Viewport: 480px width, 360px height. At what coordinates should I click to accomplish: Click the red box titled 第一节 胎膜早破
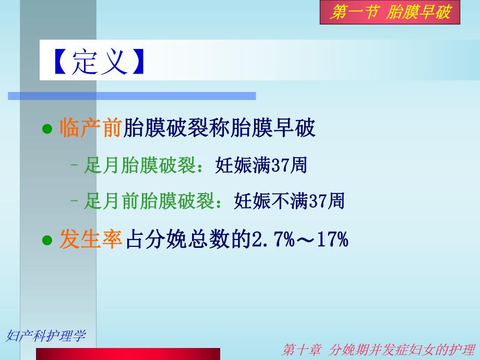pyautogui.click(x=390, y=13)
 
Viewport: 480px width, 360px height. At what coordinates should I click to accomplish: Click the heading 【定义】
pyautogui.click(x=98, y=63)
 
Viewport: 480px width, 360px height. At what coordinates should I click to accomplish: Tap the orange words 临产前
pyautogui.click(x=91, y=128)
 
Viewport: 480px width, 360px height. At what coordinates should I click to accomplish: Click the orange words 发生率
pyautogui.click(x=91, y=240)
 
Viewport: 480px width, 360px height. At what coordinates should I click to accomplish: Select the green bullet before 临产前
pyautogui.click(x=47, y=129)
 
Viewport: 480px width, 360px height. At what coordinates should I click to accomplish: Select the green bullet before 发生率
pyautogui.click(x=47, y=241)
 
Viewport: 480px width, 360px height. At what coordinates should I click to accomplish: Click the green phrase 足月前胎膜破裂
pyautogui.click(x=149, y=201)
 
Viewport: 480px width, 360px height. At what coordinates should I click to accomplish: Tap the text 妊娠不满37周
pyautogui.click(x=290, y=201)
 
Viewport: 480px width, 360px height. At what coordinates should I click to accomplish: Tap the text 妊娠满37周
pyautogui.click(x=261, y=166)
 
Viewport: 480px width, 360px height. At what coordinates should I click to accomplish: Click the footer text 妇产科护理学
pyautogui.click(x=45, y=336)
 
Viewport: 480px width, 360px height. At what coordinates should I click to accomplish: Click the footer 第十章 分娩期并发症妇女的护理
pyautogui.click(x=378, y=350)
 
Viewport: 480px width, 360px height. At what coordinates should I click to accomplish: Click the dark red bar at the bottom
pyautogui.click(x=128, y=354)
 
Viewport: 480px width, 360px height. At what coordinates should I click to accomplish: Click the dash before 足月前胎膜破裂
pyautogui.click(x=75, y=201)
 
